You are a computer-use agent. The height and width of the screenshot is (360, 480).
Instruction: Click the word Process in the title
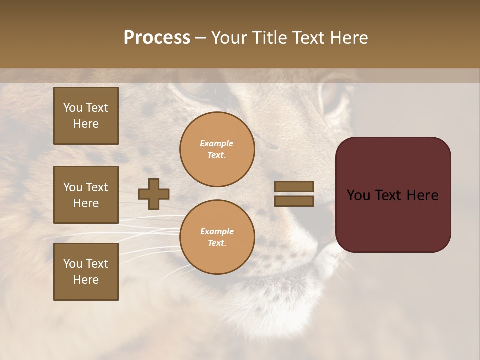pyautogui.click(x=157, y=38)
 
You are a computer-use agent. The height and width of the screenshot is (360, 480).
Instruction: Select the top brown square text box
pyautogui.click(x=86, y=116)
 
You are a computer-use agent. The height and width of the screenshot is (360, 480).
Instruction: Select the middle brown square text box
pyautogui.click(x=86, y=195)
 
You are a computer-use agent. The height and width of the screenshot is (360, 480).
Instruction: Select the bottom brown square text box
pyautogui.click(x=86, y=272)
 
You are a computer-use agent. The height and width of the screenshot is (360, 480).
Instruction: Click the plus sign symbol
pyautogui.click(x=154, y=194)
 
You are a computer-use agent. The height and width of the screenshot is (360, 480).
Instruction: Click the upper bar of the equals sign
pyautogui.click(x=294, y=186)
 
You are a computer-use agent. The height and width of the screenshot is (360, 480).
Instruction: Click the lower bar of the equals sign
pyautogui.click(x=294, y=201)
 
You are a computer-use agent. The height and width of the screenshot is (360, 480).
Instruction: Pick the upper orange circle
pyautogui.click(x=217, y=149)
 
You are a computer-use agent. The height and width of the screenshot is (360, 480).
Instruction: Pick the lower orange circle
pyautogui.click(x=217, y=237)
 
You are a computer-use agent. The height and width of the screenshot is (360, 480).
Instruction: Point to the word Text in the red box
pyautogui.click(x=393, y=195)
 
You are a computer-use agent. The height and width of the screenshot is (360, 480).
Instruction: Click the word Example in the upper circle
pyautogui.click(x=217, y=143)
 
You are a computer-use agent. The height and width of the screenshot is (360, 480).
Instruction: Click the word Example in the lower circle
pyautogui.click(x=217, y=231)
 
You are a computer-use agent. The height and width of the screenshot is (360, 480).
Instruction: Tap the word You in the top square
pyautogui.click(x=73, y=108)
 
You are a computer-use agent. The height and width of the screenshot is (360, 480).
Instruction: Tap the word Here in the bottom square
pyautogui.click(x=86, y=280)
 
